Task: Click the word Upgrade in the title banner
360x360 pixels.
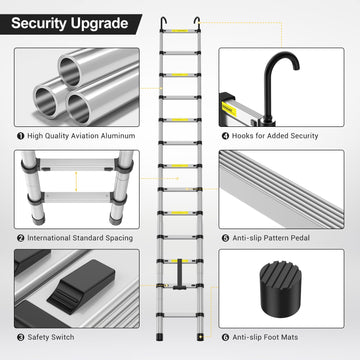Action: (99, 24)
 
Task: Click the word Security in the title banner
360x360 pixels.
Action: (39, 23)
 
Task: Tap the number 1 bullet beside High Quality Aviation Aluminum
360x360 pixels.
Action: (21, 136)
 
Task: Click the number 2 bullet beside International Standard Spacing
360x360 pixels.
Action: (21, 238)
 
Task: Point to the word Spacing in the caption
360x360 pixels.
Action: (119, 239)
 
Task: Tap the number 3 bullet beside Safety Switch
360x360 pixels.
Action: (21, 337)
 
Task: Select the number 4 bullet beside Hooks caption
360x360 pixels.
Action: (225, 136)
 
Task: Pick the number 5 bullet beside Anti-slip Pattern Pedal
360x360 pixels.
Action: (225, 238)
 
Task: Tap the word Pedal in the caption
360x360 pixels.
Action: (300, 238)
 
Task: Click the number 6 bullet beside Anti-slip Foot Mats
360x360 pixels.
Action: (225, 337)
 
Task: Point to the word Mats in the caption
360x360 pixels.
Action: (290, 337)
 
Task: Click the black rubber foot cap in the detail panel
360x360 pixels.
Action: (281, 289)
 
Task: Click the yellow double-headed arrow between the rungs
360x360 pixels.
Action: (76, 182)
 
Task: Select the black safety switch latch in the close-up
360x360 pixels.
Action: (82, 286)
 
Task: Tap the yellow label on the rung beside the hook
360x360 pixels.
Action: (229, 109)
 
